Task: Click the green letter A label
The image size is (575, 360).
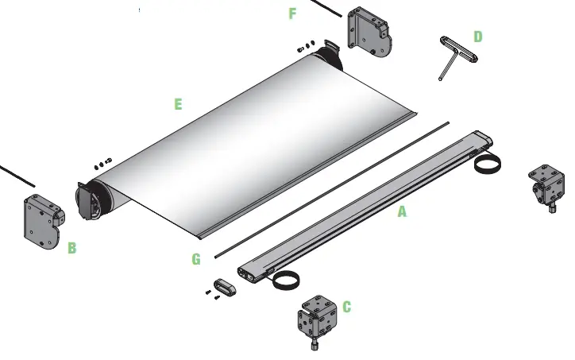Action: click(x=402, y=212)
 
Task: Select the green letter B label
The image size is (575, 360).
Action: click(x=72, y=248)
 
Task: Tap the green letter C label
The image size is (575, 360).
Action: click(x=346, y=307)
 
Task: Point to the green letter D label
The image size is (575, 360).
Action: click(x=477, y=37)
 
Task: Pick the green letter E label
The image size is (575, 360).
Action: click(x=178, y=104)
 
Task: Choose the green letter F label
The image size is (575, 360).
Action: click(x=292, y=14)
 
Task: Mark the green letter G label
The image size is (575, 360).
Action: click(x=196, y=258)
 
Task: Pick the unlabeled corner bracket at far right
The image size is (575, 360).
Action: click(x=547, y=185)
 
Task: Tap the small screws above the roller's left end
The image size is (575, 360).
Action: click(x=102, y=164)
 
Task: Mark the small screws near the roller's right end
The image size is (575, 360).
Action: click(x=307, y=45)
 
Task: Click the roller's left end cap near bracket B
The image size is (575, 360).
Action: click(x=89, y=199)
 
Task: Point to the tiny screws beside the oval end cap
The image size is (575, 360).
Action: click(x=210, y=295)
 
